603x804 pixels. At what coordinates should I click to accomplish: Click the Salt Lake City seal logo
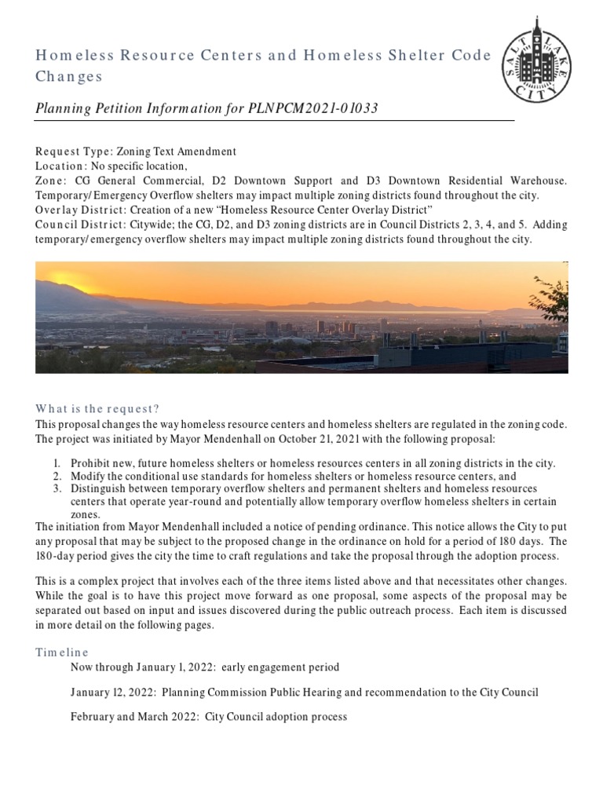pos(536,61)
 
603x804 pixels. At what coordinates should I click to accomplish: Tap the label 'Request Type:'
pos(70,152)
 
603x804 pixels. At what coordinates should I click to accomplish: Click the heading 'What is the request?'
pos(97,409)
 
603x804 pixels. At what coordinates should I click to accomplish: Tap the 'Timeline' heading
pos(62,652)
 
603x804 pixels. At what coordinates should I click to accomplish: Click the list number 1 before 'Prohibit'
pos(57,464)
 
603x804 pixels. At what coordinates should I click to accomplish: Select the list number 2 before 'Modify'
pos(57,476)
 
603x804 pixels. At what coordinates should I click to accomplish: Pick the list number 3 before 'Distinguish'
pos(57,488)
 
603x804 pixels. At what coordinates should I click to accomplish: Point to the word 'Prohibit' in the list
pos(89,464)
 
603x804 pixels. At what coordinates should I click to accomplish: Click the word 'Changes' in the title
pos(69,77)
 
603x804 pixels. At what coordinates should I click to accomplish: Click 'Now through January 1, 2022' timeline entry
pos(142,667)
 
